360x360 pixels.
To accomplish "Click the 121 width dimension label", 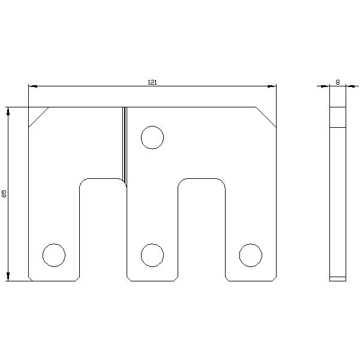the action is tap(152, 82).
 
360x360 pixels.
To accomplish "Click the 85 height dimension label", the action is tap(4, 194).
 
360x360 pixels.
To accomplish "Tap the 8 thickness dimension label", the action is tap(337, 82).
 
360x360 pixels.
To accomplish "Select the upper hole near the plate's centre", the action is tap(152, 137).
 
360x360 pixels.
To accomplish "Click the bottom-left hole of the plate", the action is tap(54, 255).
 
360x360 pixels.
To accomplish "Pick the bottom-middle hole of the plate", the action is tap(152, 255).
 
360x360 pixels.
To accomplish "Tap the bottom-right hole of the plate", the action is tap(250, 255).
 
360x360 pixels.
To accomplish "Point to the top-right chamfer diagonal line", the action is tap(266, 117).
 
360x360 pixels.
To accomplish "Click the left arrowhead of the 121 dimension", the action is tap(33, 86).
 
